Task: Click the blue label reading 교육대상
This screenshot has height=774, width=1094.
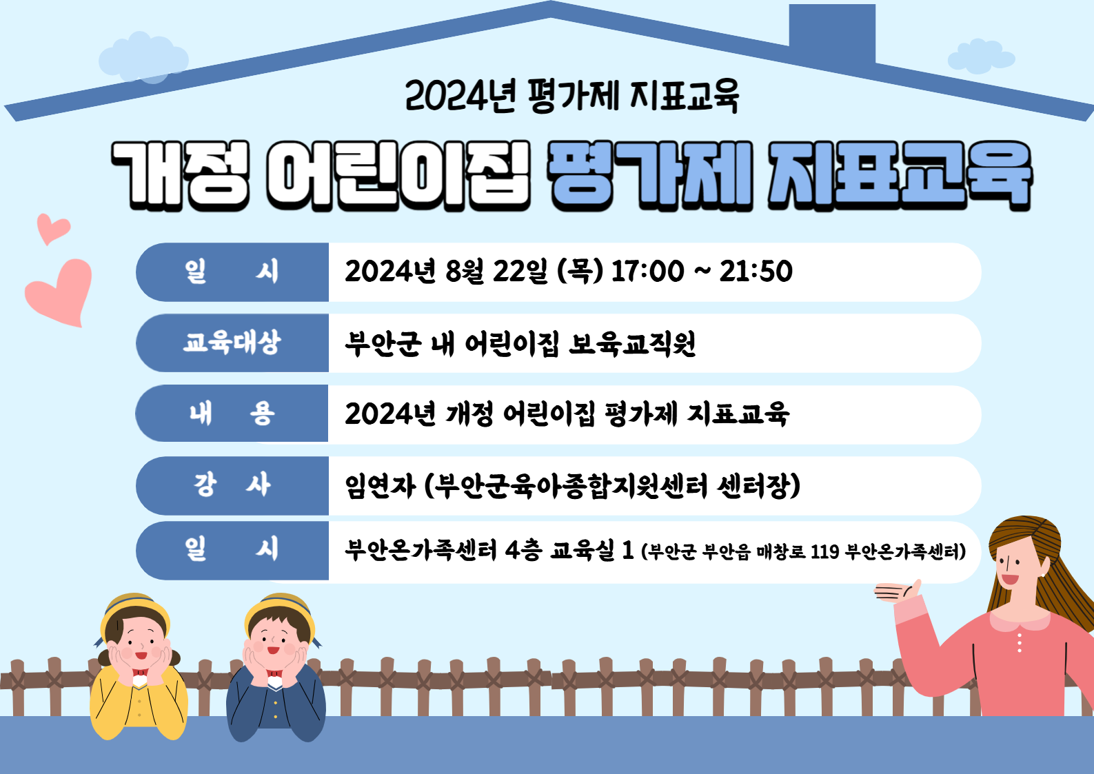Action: pyautogui.click(x=232, y=342)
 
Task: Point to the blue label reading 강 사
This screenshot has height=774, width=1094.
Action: pyautogui.click(x=232, y=485)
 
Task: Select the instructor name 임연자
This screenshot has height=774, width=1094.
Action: pyautogui.click(x=381, y=485)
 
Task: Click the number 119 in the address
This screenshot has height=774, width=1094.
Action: pyautogui.click(x=825, y=552)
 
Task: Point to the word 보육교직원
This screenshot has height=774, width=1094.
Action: pyautogui.click(x=632, y=344)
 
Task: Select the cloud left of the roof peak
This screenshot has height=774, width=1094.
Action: pyautogui.click(x=143, y=58)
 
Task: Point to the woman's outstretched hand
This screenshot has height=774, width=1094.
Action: pyautogui.click(x=897, y=592)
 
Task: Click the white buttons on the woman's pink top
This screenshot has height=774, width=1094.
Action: pyautogui.click(x=1020, y=642)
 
